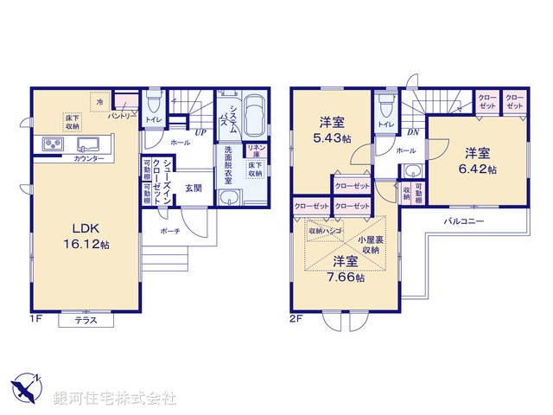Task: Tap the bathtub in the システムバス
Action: pos(256,113)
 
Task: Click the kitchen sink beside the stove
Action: pos(87,144)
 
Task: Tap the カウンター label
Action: pos(89,160)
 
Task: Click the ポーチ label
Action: pos(170,232)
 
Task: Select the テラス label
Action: pos(85,321)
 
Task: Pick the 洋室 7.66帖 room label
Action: pos(346,269)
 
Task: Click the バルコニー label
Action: pos(464,222)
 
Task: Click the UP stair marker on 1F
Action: pos(200,132)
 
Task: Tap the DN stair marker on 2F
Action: pos(413,132)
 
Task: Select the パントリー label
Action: pos(122,115)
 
